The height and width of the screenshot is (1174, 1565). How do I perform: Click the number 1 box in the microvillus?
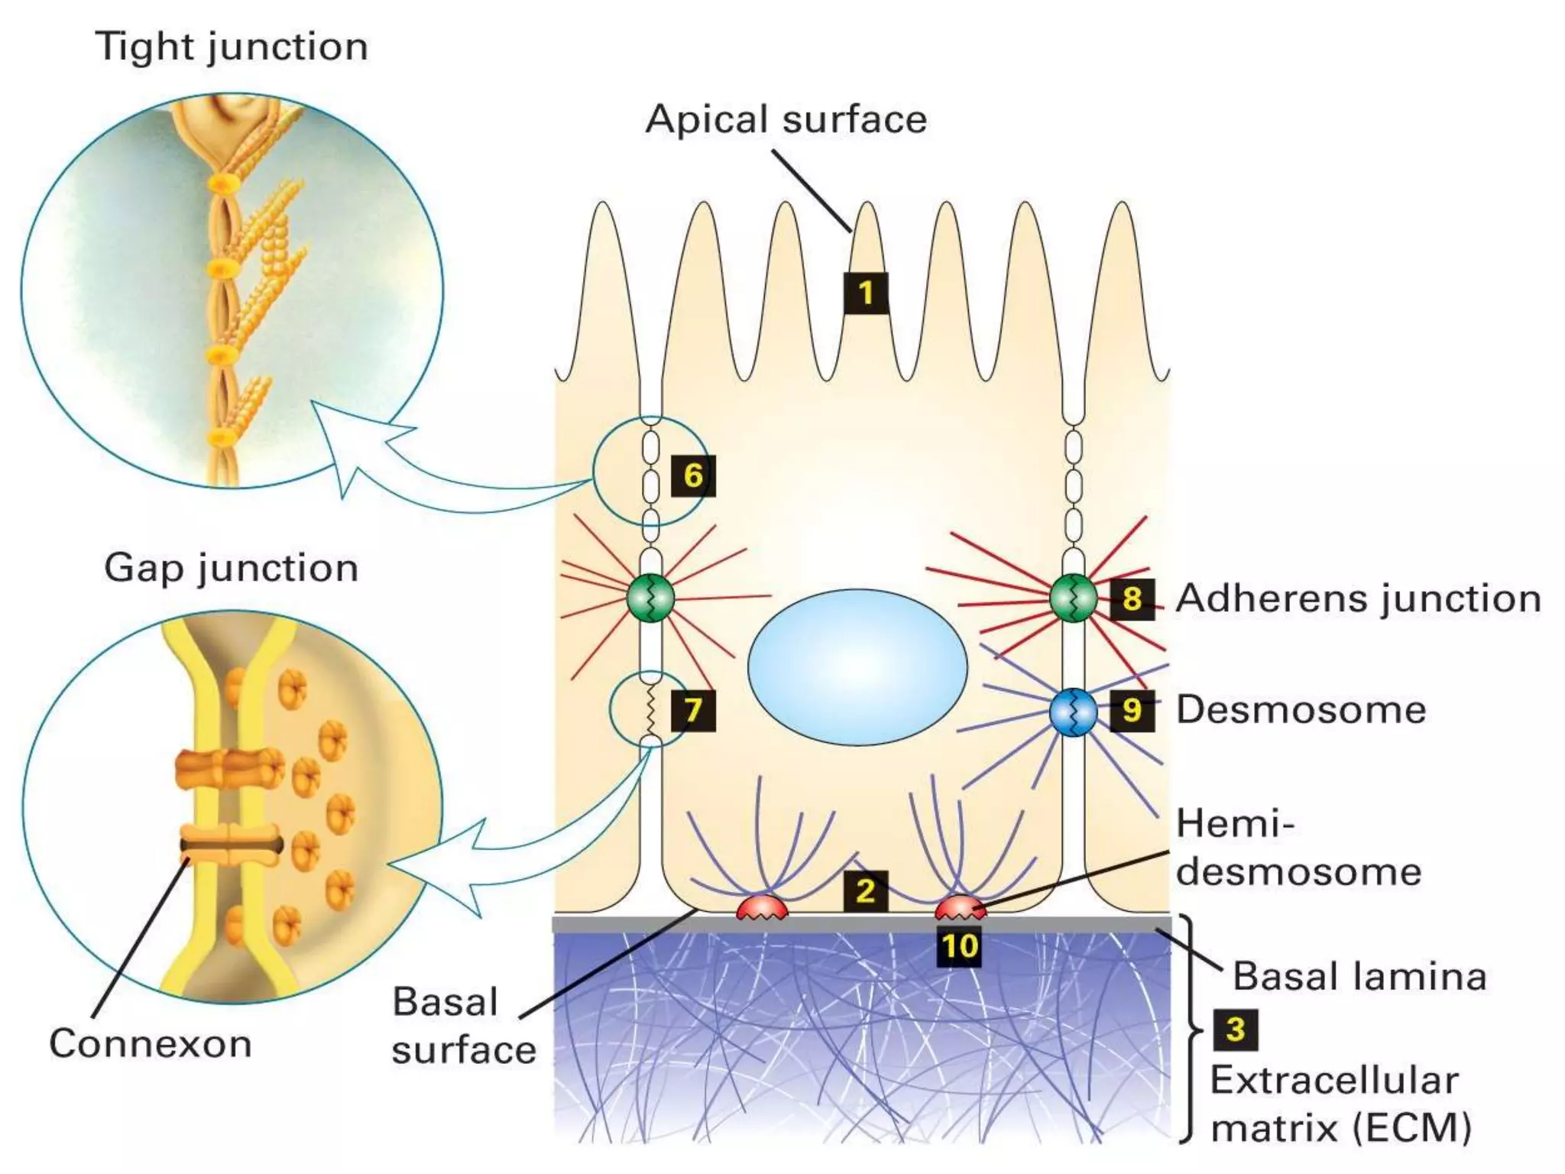click(x=866, y=293)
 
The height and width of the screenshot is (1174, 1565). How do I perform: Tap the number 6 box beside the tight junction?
click(x=693, y=475)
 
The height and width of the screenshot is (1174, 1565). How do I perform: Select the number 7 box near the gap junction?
click(x=693, y=711)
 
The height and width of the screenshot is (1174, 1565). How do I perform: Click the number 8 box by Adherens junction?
click(x=1132, y=598)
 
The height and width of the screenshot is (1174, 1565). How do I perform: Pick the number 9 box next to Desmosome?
click(x=1132, y=710)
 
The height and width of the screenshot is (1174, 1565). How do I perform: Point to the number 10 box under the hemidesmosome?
click(x=959, y=947)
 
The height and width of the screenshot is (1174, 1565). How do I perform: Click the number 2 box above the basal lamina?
click(x=866, y=891)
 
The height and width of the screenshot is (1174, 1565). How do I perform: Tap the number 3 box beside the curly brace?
click(x=1236, y=1030)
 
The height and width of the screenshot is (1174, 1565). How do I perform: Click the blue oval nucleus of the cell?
click(x=857, y=666)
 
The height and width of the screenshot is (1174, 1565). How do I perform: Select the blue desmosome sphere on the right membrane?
click(x=1073, y=712)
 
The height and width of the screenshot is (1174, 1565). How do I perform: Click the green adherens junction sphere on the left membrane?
click(x=650, y=598)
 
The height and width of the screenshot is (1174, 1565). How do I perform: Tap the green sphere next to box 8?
click(x=1073, y=598)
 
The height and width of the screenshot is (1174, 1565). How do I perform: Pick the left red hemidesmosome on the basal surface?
click(x=761, y=908)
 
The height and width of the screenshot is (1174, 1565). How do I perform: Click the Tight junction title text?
click(x=232, y=47)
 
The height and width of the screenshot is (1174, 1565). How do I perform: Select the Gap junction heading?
click(x=232, y=569)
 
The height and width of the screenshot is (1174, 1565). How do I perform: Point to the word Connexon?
click(x=151, y=1044)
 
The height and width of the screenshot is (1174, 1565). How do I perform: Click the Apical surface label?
click(x=786, y=120)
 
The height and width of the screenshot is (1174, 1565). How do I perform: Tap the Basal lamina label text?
click(x=1359, y=977)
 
